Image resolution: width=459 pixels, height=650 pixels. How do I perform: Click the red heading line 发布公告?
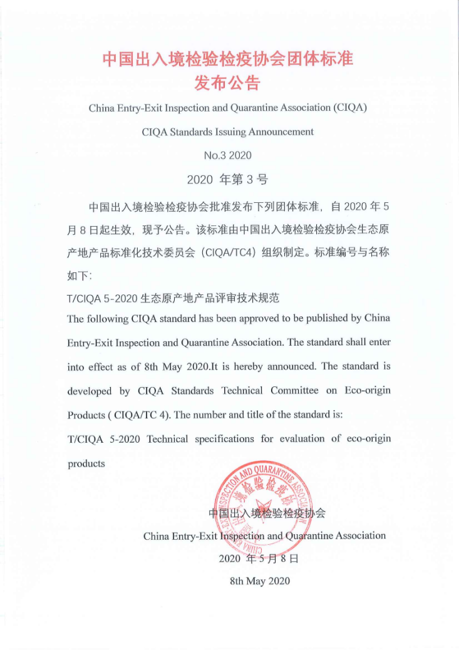point(228,83)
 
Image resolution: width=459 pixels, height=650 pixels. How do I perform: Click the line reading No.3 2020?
point(228,155)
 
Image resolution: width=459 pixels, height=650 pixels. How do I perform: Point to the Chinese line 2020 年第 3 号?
point(228,180)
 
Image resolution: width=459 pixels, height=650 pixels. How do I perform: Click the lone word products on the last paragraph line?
point(86,463)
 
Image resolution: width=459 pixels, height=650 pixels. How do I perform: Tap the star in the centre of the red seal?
point(261,508)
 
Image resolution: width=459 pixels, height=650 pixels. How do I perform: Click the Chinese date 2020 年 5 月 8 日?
point(259,558)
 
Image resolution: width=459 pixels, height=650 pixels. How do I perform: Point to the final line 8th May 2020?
point(260,581)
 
